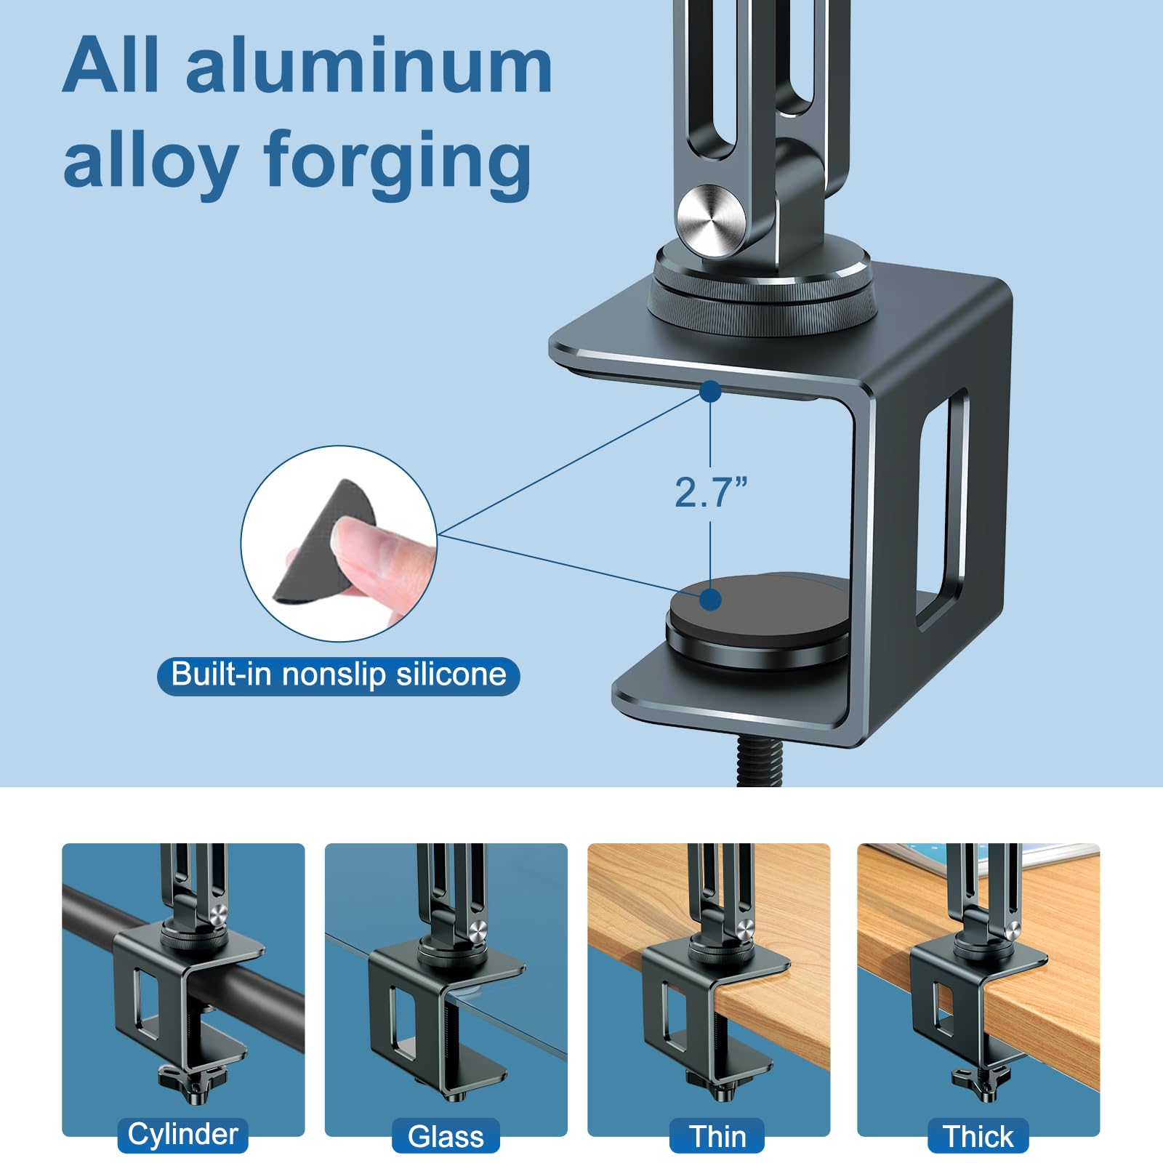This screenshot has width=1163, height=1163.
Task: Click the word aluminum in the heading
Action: [369, 66]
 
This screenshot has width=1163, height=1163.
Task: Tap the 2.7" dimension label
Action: [711, 492]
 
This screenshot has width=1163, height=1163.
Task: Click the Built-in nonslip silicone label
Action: [339, 675]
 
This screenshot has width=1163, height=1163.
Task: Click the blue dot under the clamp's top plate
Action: [710, 391]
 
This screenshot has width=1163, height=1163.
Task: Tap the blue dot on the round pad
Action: [710, 600]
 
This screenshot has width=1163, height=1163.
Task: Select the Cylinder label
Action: [183, 1135]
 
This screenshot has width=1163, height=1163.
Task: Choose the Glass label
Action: [446, 1136]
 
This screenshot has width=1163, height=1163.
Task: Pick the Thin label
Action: [717, 1136]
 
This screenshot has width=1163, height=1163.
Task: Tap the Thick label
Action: [978, 1136]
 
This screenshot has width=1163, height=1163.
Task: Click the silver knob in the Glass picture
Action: [478, 930]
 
